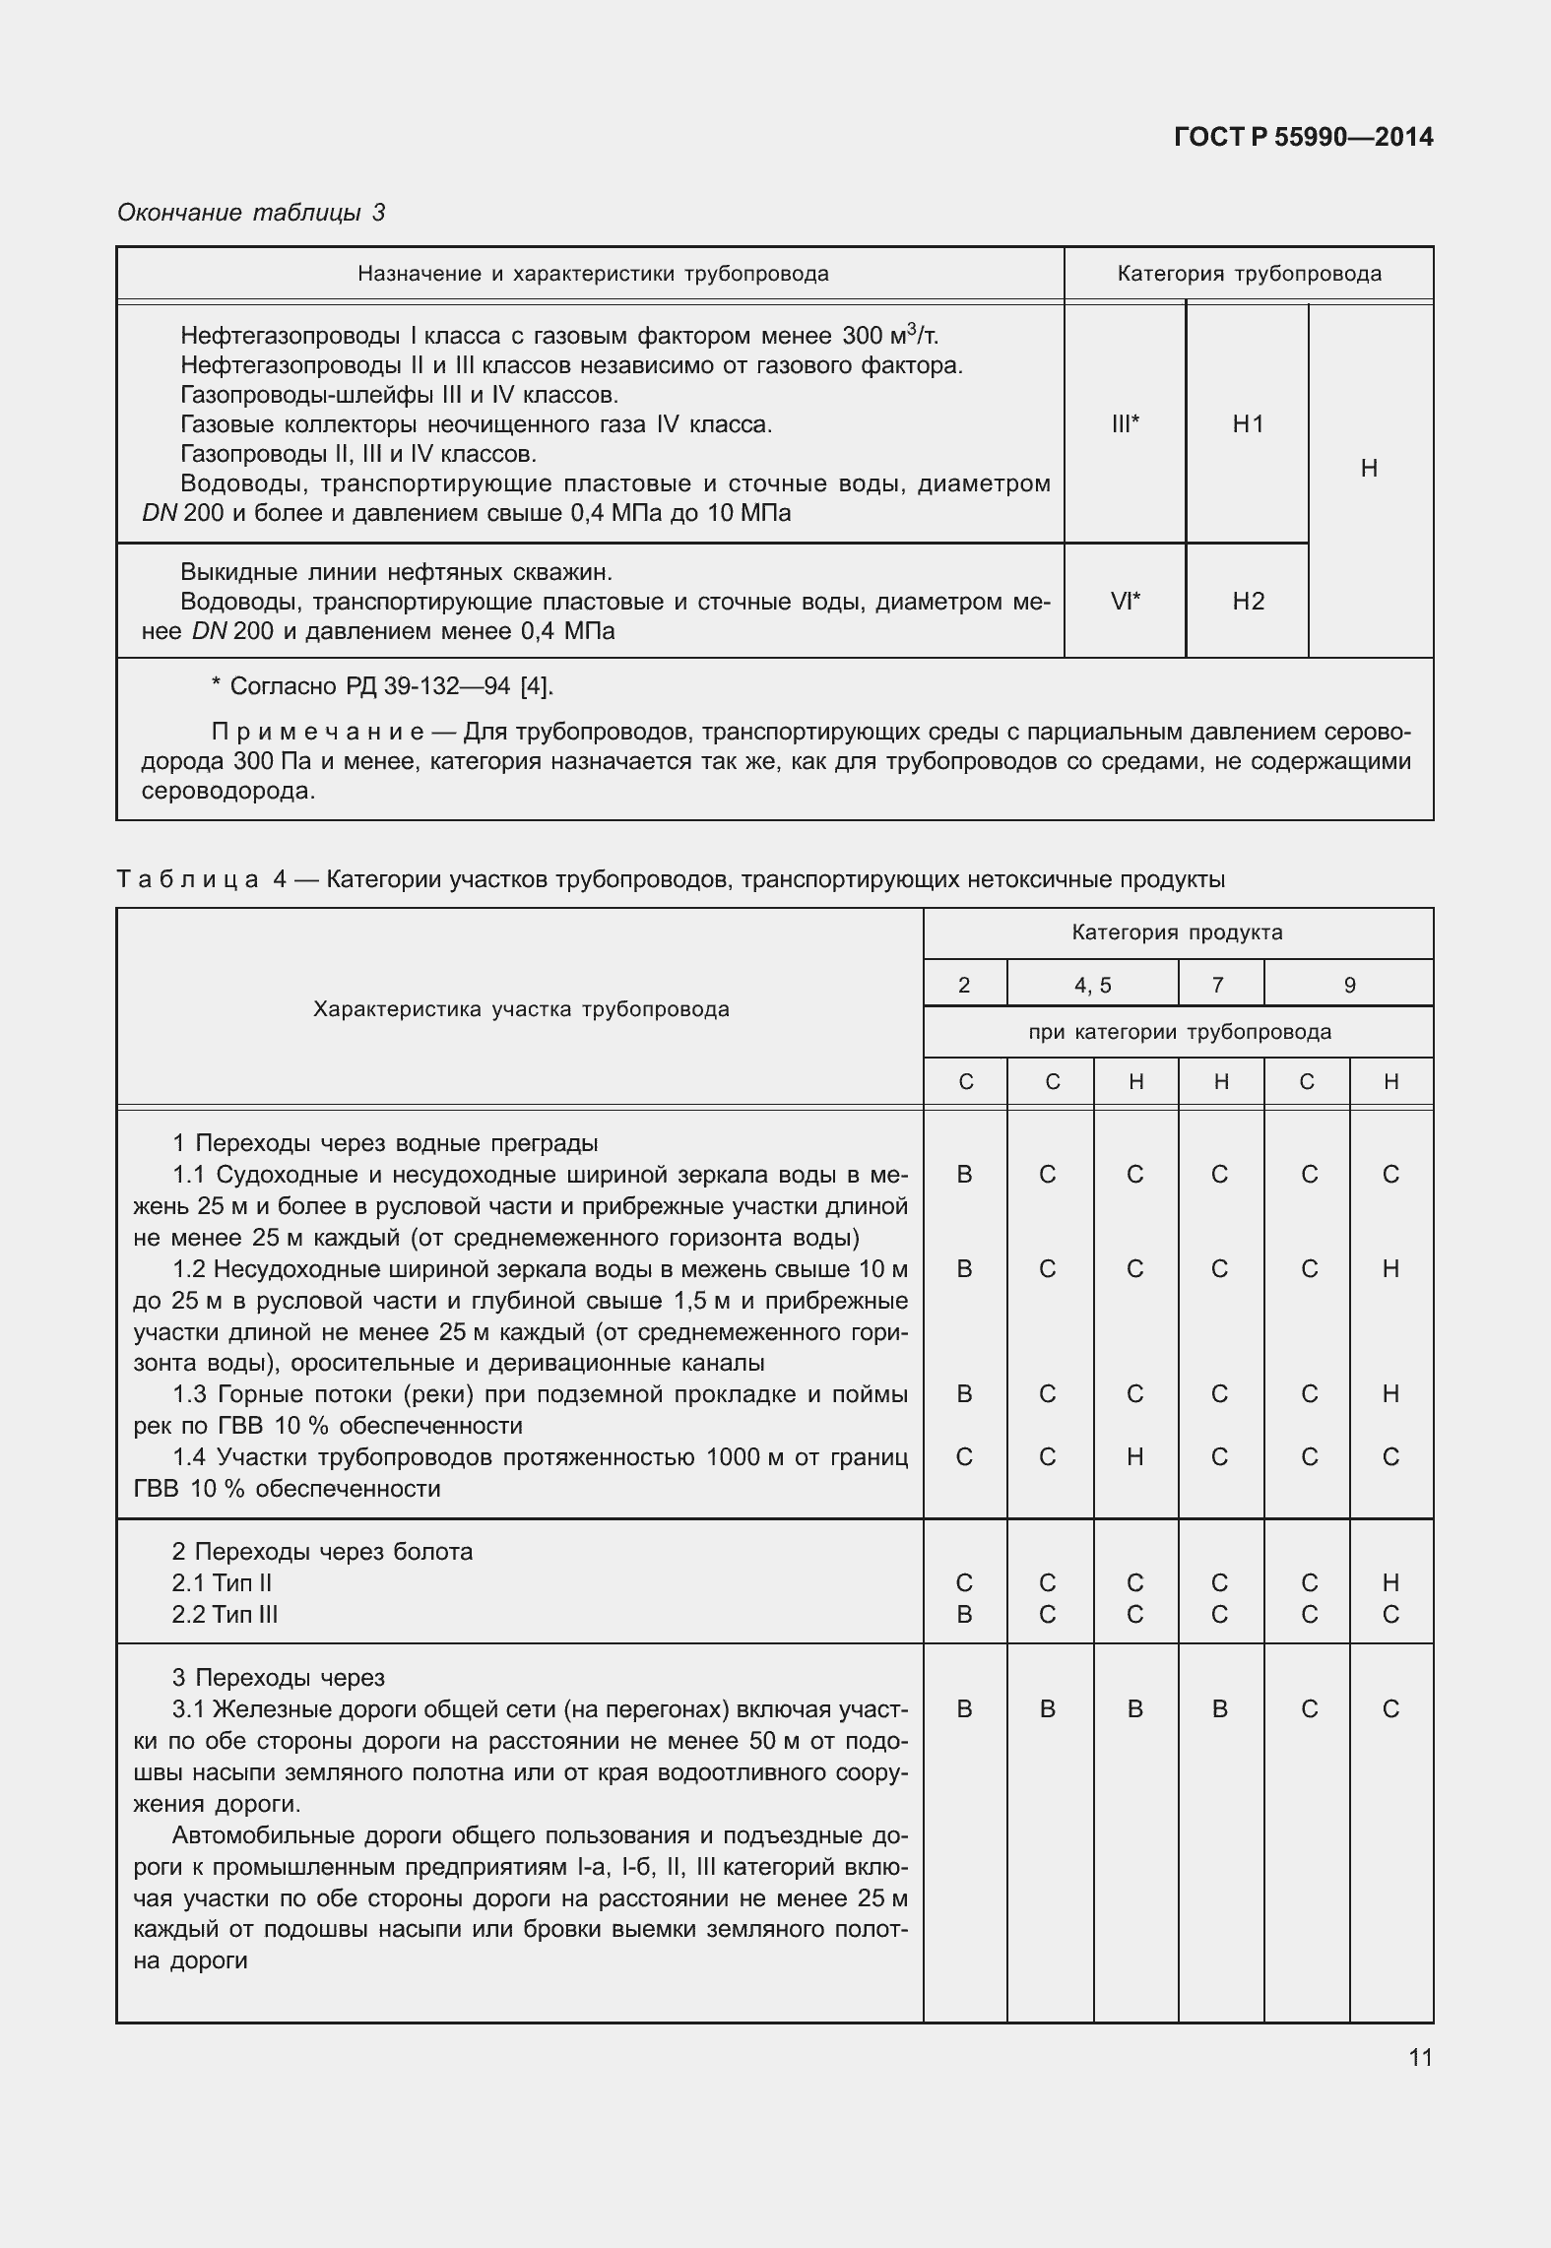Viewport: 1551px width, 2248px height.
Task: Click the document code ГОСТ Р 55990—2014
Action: (1303, 137)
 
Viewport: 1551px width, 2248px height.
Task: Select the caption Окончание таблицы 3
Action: (251, 213)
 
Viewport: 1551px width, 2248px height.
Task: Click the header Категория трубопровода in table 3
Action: (1249, 274)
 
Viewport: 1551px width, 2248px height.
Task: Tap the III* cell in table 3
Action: (1125, 424)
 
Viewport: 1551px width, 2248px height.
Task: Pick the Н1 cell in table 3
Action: (1248, 424)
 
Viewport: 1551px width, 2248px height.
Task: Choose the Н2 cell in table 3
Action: (1248, 602)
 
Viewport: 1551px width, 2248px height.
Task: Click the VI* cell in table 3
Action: (1125, 602)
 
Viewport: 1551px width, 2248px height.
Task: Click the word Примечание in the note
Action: (317, 733)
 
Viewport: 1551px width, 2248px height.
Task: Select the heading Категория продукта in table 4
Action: (1177, 932)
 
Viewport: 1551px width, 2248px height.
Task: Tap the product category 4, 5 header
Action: (1092, 985)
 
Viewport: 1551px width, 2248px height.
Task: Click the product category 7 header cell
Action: (1218, 985)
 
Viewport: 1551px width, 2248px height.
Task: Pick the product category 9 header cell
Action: (1349, 985)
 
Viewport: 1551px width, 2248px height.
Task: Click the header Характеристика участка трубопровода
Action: (521, 1009)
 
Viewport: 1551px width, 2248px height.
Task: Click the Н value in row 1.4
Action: (1134, 1456)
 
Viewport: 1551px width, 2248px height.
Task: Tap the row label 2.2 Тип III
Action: (225, 1614)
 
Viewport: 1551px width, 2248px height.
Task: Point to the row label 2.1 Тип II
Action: (222, 1582)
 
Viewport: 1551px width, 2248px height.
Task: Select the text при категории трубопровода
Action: (1179, 1032)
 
